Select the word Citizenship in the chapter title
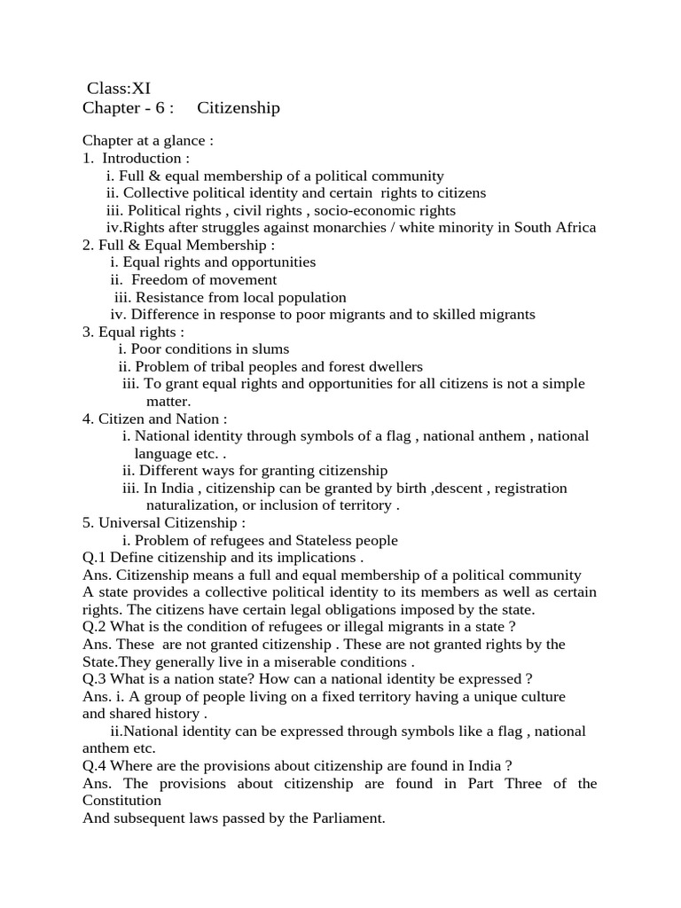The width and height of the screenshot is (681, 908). tap(238, 108)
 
